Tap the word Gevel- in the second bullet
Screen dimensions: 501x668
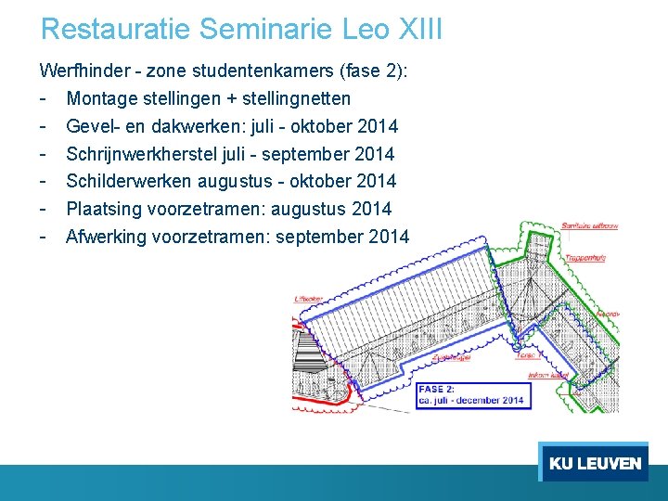pos(94,126)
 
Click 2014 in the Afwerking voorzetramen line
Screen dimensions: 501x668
pos(388,237)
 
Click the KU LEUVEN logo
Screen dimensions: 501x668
pos(594,463)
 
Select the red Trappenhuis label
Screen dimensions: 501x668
pos(586,257)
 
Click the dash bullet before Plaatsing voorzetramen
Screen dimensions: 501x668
pos(44,209)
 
